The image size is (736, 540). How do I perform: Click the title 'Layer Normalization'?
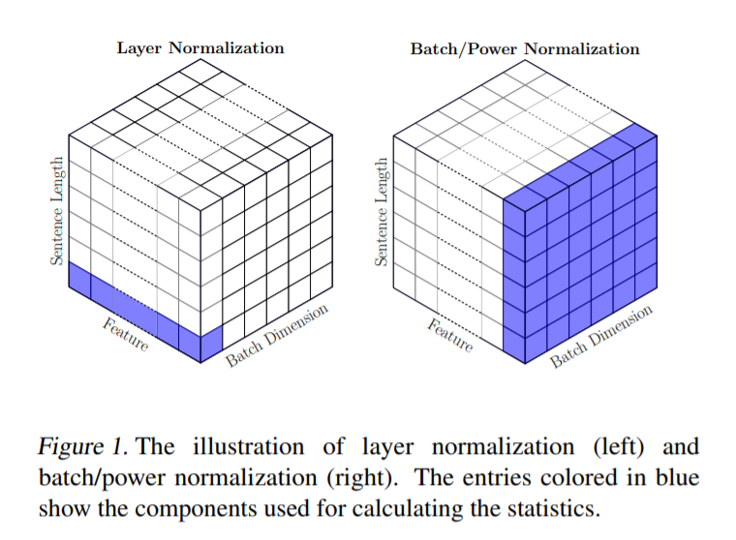pos(200,47)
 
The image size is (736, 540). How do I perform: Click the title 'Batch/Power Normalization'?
pos(525,48)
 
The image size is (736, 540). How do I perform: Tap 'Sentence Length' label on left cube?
pos(57,211)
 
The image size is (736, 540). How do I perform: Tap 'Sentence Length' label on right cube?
pos(382,211)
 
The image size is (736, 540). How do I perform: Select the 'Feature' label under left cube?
pos(125,332)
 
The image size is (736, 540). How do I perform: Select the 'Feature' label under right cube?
pos(449,332)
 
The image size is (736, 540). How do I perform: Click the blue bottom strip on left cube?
pos(136,310)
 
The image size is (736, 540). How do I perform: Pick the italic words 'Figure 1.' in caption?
pos(82,447)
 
